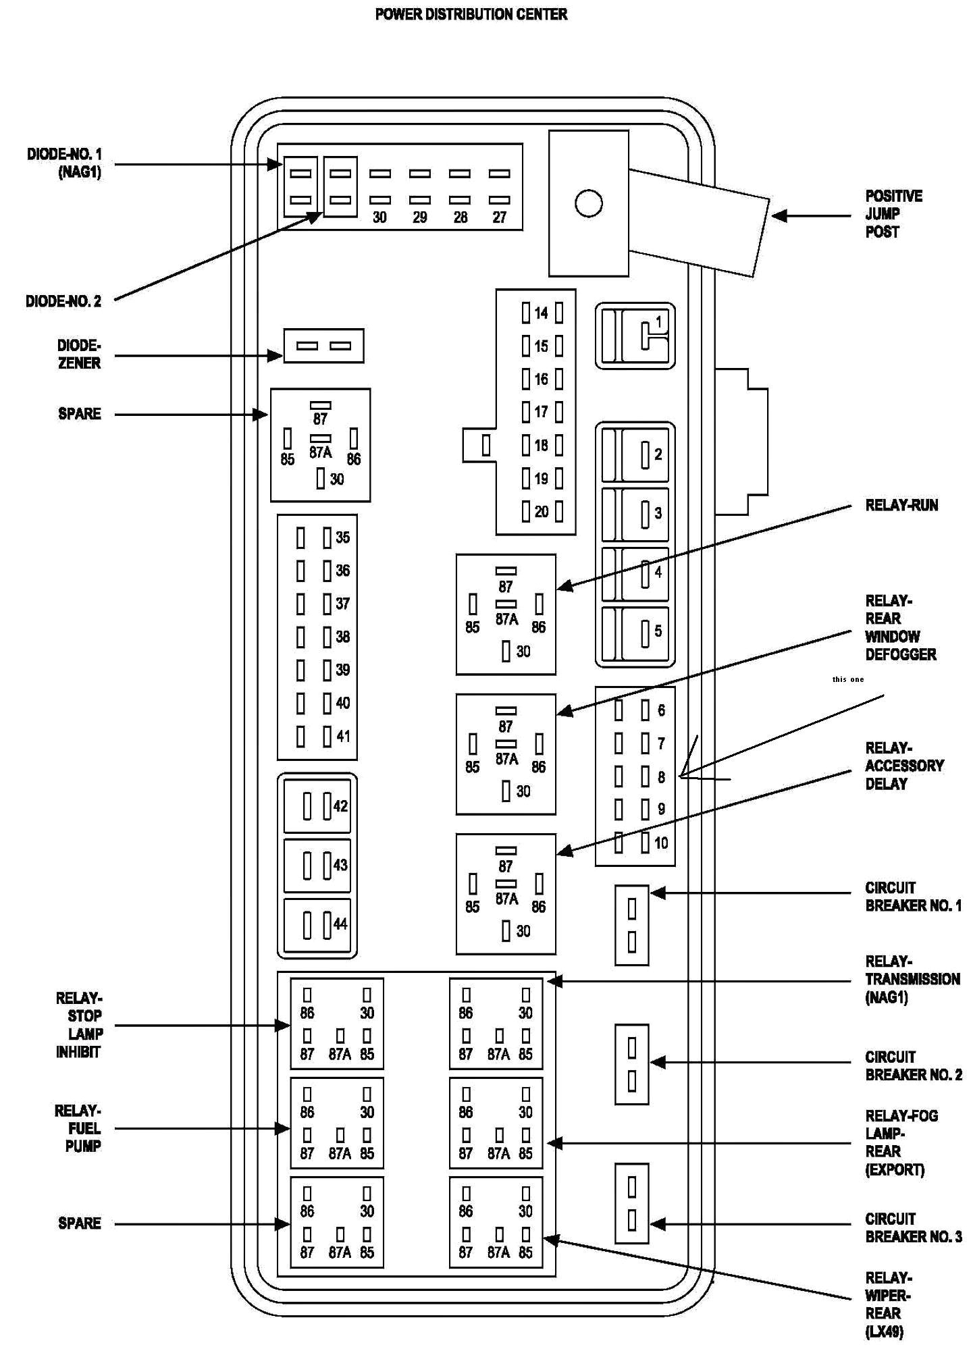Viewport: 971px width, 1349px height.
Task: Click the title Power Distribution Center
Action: pyautogui.click(x=471, y=14)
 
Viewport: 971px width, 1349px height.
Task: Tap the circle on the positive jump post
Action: pyautogui.click(x=588, y=203)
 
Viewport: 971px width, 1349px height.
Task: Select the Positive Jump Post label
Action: pyautogui.click(x=893, y=214)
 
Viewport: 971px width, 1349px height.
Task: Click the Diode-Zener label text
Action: pyautogui.click(x=79, y=354)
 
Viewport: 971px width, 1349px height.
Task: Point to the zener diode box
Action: pyautogui.click(x=323, y=346)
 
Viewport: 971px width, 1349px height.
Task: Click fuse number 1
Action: pyautogui.click(x=635, y=336)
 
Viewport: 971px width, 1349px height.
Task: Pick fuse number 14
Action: pyautogui.click(x=542, y=313)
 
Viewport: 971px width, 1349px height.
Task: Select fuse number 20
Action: pyautogui.click(x=542, y=512)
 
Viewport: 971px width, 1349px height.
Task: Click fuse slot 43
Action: pyautogui.click(x=317, y=865)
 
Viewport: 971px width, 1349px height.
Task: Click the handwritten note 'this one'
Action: pyautogui.click(x=848, y=679)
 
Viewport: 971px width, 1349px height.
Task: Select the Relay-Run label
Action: pyautogui.click(x=901, y=506)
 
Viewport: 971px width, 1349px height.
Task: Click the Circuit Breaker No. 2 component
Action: pyautogui.click(x=631, y=1064)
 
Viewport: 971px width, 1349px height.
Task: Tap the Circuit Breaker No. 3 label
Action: pyautogui.click(x=913, y=1227)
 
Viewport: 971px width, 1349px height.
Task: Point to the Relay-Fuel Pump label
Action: pyautogui.click(x=78, y=1128)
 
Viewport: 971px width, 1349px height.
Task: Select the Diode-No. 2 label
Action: pyautogui.click(x=63, y=301)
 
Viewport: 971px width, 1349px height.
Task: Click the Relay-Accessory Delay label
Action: pyautogui.click(x=904, y=766)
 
